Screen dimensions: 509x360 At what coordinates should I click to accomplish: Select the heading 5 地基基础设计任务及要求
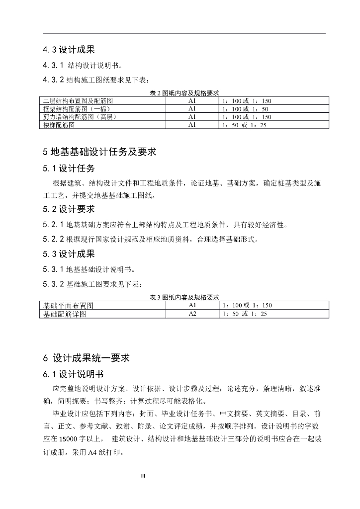[x=99, y=151]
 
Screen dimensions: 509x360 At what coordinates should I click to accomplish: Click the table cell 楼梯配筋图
[x=59, y=125]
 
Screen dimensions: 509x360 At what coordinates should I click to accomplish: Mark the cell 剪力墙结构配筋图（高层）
[x=80, y=117]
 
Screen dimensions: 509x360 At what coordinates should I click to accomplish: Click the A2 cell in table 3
[x=192, y=314]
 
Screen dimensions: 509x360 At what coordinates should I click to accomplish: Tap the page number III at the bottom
[x=143, y=476]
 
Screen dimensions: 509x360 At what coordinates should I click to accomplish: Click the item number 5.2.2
[x=53, y=240]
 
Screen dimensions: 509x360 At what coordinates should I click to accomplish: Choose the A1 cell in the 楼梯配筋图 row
[x=192, y=125]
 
